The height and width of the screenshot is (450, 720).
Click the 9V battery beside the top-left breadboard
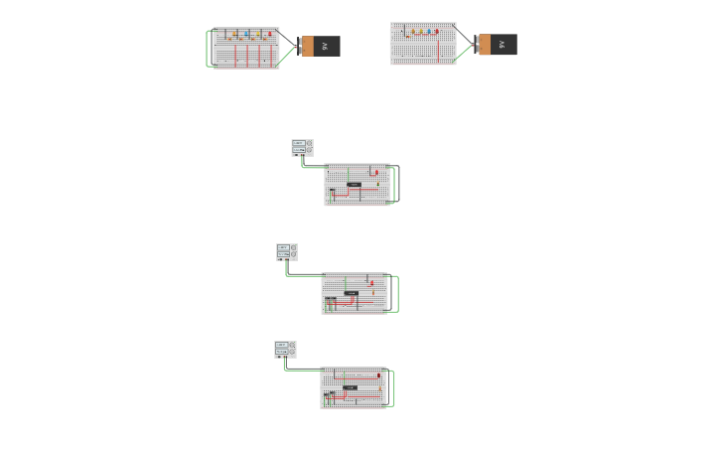tap(320, 46)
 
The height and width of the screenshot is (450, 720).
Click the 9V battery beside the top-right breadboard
tap(497, 45)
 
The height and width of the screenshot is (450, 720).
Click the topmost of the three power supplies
tap(302, 147)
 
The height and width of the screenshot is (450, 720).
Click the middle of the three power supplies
tap(287, 251)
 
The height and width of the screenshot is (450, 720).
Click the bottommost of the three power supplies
tap(285, 349)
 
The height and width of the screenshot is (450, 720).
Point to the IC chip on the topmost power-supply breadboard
tap(354, 185)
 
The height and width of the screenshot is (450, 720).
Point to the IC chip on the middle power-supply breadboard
tap(351, 293)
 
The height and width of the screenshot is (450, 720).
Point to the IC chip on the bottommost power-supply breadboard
tap(350, 387)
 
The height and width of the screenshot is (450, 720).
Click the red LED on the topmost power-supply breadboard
tap(376, 173)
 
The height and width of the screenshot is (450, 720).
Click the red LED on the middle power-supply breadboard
tap(371, 282)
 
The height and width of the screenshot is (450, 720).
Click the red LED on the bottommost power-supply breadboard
tap(378, 375)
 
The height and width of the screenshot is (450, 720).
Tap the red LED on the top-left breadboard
tap(269, 33)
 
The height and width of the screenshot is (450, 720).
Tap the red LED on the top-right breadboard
tap(436, 31)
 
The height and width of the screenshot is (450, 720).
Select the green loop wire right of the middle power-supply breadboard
tap(397, 293)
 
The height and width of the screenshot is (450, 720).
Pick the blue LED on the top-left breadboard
tap(246, 34)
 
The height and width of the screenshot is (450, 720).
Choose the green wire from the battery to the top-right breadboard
tap(465, 52)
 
